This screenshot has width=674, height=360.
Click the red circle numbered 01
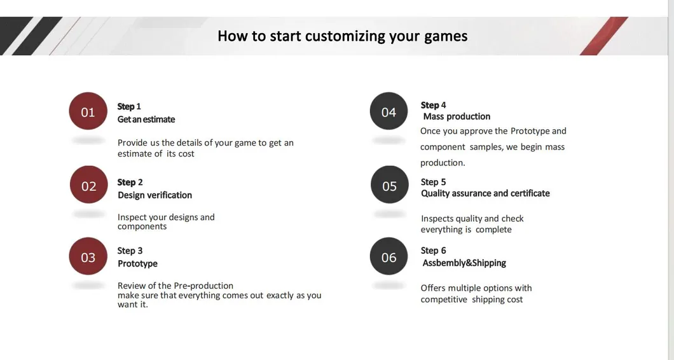click(88, 112)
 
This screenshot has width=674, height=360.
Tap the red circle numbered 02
click(88, 186)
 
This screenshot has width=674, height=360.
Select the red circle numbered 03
click(88, 257)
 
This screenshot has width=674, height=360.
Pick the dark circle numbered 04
click(389, 112)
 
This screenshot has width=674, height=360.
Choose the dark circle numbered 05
click(389, 186)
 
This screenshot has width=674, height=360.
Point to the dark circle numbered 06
click(389, 257)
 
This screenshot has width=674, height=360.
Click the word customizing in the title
click(345, 36)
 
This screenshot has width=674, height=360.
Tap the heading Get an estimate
click(146, 120)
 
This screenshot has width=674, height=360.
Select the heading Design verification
click(155, 195)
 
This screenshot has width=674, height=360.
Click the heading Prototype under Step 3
click(137, 263)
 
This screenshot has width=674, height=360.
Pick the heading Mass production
click(457, 116)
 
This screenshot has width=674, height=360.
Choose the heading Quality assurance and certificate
click(485, 193)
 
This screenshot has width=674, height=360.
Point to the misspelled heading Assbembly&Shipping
click(464, 263)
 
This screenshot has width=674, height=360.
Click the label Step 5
click(433, 182)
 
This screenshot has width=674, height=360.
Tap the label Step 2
click(130, 183)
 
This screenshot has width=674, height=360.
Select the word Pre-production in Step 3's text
click(203, 286)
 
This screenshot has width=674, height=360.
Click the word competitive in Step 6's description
click(443, 300)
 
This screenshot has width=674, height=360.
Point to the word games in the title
click(446, 36)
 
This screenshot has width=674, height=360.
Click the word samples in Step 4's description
click(485, 147)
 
